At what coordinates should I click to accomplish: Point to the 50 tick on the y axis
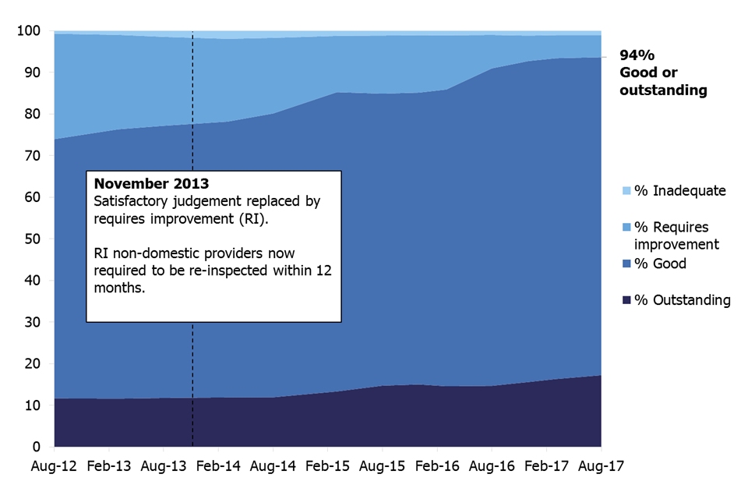coord(33,239)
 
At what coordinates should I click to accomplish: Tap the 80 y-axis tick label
coord(33,115)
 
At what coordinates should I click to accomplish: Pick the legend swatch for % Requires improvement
coord(626,227)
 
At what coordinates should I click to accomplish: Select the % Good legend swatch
coord(626,264)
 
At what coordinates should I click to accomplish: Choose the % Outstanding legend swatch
coord(626,300)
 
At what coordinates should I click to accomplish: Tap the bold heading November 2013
coord(151,185)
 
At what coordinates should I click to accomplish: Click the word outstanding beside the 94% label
coord(663,90)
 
